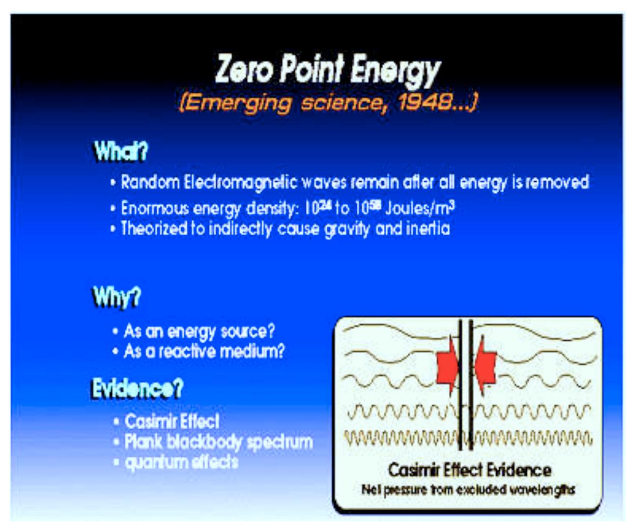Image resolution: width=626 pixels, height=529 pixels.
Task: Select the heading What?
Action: [x=121, y=151]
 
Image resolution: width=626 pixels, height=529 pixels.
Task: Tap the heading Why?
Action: [x=117, y=297]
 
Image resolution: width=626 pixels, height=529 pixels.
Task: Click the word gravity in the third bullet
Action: [x=347, y=229]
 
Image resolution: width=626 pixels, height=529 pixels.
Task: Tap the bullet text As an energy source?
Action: [x=199, y=331]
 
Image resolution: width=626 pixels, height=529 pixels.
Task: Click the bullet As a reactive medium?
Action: [x=204, y=351]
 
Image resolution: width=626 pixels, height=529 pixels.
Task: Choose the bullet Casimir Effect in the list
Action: [x=172, y=421]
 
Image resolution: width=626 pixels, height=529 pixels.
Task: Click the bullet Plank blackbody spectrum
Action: [x=218, y=441]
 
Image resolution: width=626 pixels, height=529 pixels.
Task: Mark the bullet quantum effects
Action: [x=181, y=462]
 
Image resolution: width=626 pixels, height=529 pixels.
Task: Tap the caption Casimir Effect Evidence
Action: [x=469, y=470]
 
